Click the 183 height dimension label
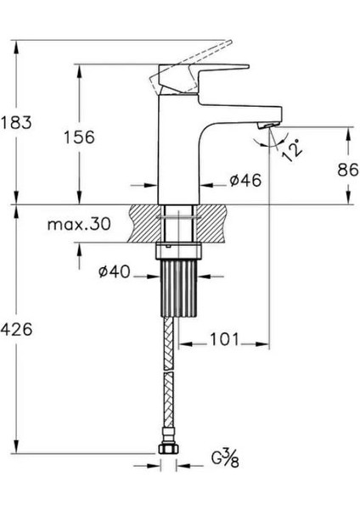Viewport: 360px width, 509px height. pos(16,123)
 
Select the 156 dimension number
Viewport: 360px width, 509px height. pos(79,137)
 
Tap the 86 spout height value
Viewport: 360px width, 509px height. pos(348,170)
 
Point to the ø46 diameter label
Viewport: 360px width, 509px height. pos(245,181)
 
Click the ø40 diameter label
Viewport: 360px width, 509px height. pos(114,272)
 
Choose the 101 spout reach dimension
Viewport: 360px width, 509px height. pos(224,339)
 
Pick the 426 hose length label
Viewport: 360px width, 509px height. pos(16,330)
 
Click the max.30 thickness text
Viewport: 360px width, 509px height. pos(79,224)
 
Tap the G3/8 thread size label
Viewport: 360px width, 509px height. pos(225,458)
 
